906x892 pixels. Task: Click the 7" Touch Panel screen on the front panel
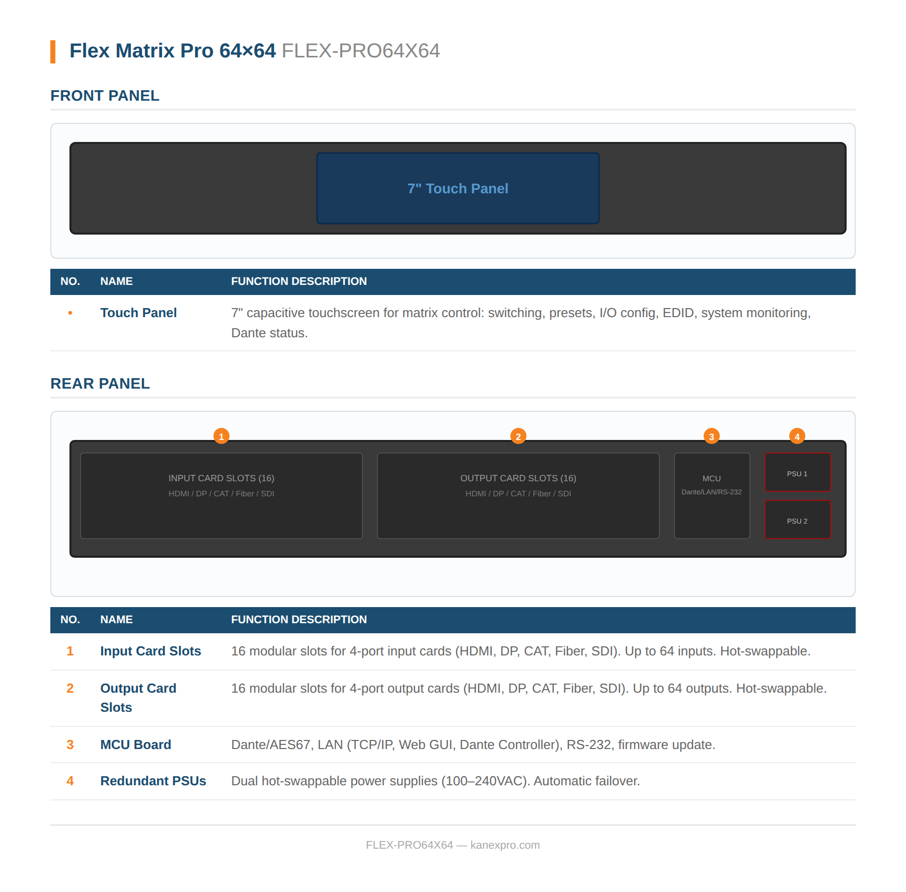(458, 188)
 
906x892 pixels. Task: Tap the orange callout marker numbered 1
(221, 436)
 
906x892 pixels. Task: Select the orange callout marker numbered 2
(518, 436)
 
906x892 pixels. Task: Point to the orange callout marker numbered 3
(711, 436)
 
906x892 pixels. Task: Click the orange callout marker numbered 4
(797, 436)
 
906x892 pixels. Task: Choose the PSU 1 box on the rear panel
(797, 473)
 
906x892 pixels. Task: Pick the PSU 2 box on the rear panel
(797, 520)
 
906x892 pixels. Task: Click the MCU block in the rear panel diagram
(712, 496)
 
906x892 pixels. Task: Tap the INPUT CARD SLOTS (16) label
(221, 478)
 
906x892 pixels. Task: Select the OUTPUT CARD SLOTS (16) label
(518, 478)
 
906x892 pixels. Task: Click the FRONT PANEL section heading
(105, 96)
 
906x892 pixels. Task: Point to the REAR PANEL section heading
(100, 384)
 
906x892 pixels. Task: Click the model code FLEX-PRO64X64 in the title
(360, 51)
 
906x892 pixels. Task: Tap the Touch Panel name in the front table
(138, 313)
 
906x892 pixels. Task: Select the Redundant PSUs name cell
(153, 781)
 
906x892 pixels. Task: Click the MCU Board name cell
(135, 745)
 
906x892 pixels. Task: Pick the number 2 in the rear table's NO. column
(70, 688)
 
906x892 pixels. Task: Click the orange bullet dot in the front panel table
(70, 313)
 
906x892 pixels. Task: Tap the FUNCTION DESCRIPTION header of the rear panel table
(298, 620)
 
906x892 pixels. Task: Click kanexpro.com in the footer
(505, 845)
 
